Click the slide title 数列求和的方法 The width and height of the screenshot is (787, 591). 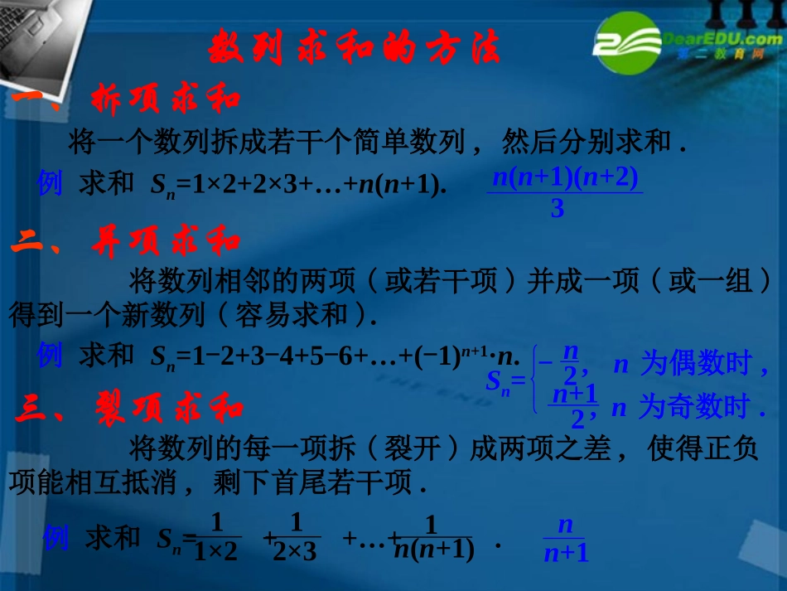355,47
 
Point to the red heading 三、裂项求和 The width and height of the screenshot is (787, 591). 129,409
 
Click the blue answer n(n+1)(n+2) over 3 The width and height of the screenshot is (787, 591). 564,193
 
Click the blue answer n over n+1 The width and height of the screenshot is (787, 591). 566,540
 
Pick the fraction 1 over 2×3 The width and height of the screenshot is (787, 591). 294,538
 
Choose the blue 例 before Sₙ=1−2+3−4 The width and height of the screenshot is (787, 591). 51,356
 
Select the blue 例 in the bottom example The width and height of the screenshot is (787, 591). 56,538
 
